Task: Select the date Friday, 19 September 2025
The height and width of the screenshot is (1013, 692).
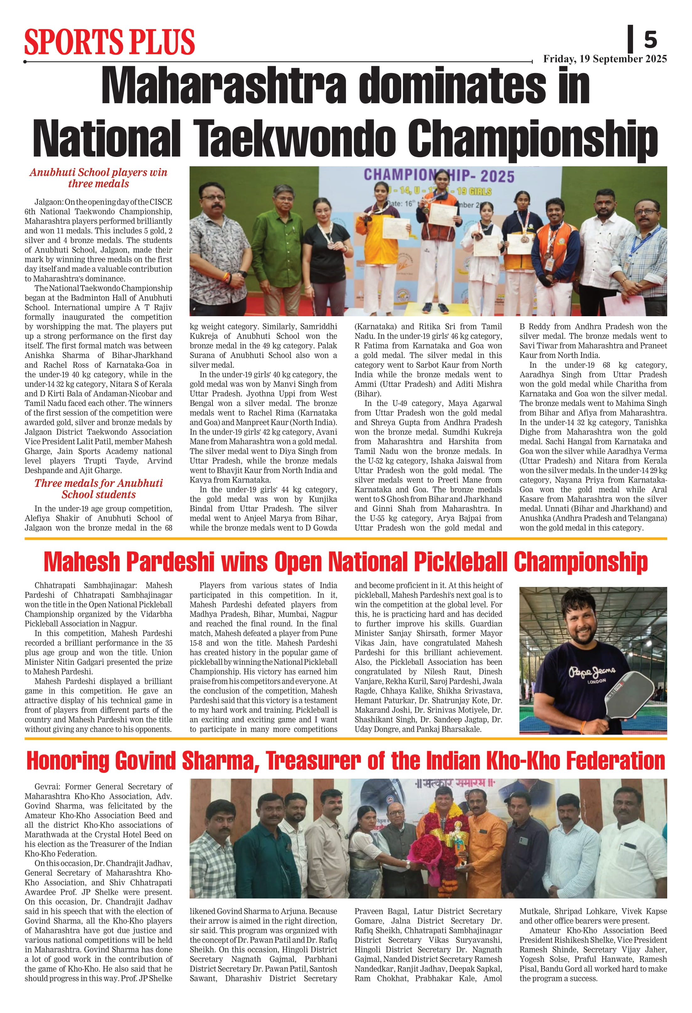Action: [605, 59]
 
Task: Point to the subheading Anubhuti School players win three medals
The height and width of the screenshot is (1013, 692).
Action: [99, 178]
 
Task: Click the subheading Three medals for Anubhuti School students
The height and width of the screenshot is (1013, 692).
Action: [99, 489]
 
